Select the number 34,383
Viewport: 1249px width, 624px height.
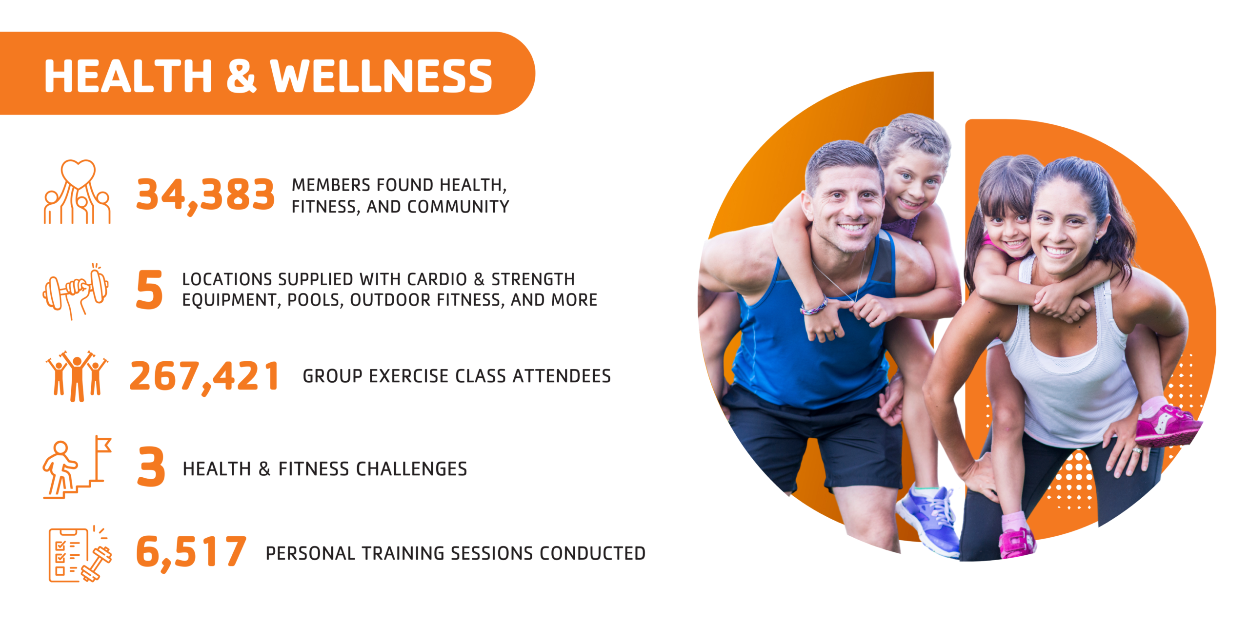[205, 195]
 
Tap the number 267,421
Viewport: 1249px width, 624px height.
[204, 377]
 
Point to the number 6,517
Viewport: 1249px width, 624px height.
[191, 552]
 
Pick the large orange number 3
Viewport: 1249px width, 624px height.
[151, 467]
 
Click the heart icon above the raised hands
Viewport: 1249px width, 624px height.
[78, 174]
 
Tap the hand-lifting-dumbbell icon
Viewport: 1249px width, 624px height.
[76, 291]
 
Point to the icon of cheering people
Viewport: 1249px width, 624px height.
[77, 376]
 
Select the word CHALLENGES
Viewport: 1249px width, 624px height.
[411, 469]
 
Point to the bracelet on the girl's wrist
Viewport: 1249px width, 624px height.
[814, 307]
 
